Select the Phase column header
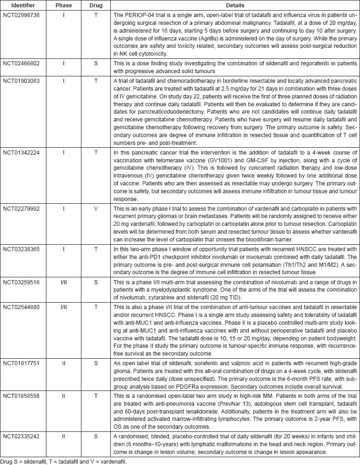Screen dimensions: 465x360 (x=64, y=6)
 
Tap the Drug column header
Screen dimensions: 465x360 (x=96, y=6)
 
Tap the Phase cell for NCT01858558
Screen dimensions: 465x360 (x=64, y=395)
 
